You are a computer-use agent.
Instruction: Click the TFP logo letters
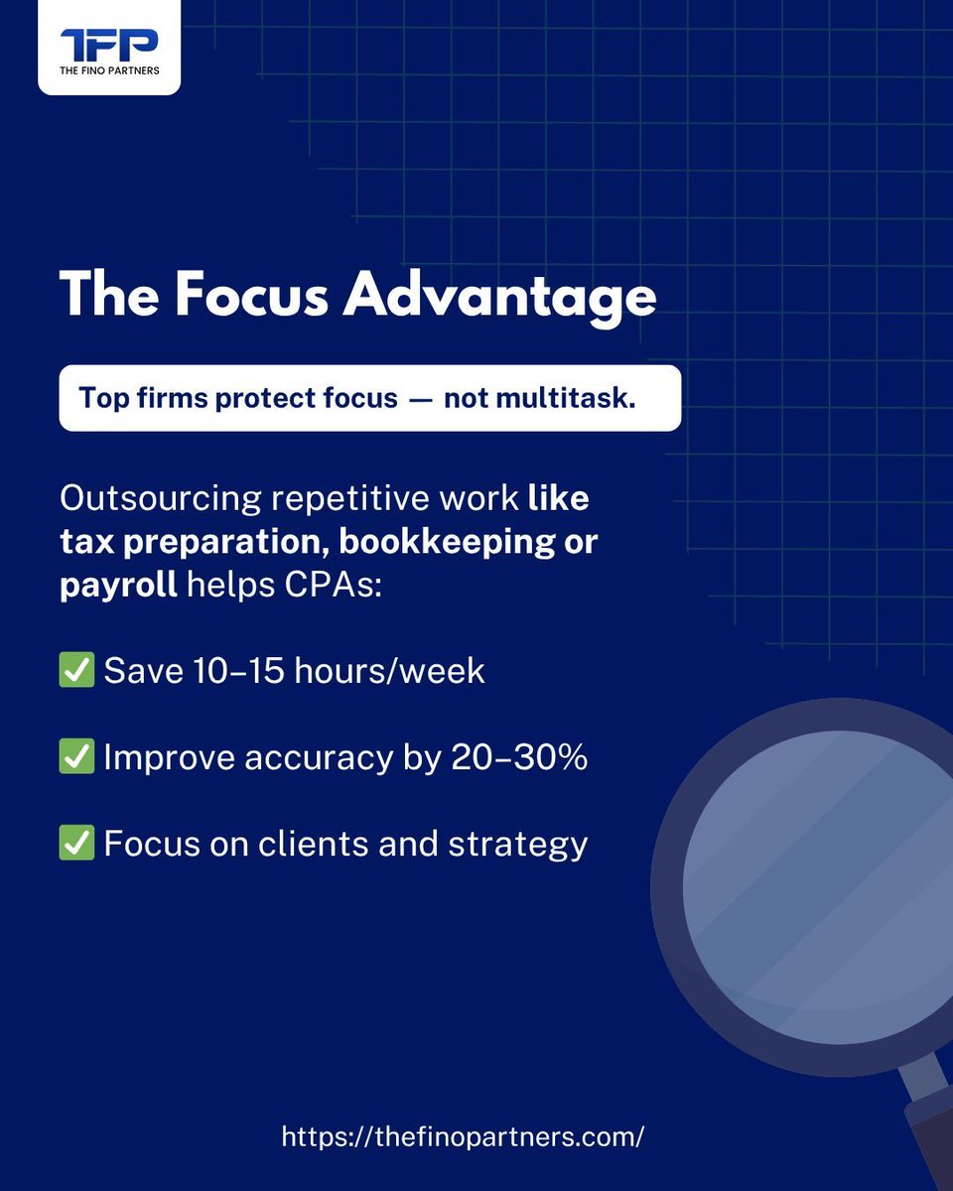[109, 44]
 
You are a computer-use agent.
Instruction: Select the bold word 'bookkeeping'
[460, 541]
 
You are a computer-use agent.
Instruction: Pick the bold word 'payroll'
[117, 585]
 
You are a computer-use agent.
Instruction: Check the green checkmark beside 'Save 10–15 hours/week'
[76, 671]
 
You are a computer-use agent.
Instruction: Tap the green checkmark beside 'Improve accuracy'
[76, 757]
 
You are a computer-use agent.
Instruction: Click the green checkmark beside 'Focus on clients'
[76, 844]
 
